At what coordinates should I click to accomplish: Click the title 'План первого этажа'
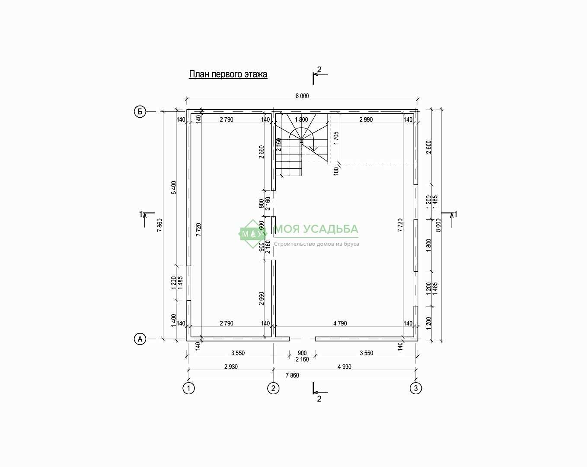(x=228, y=74)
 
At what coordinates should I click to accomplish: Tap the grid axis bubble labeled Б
(x=140, y=112)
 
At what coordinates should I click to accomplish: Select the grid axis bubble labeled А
(x=140, y=339)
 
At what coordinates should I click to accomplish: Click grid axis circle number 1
(x=188, y=388)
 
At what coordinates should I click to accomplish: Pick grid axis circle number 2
(x=273, y=388)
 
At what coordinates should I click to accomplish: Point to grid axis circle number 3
(x=416, y=388)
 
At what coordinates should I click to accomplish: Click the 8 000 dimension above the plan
(x=302, y=96)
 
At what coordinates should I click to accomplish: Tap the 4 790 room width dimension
(x=340, y=323)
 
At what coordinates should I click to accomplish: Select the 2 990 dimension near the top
(x=366, y=119)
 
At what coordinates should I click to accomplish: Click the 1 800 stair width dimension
(x=301, y=119)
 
